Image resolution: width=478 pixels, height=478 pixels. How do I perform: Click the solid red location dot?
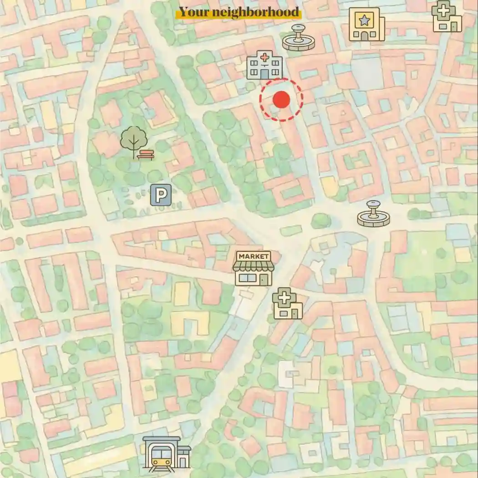point(281,100)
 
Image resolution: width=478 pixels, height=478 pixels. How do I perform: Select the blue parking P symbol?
point(161,195)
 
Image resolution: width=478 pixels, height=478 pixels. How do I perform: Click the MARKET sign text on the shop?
point(254,257)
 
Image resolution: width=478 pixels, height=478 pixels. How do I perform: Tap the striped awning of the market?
point(254,266)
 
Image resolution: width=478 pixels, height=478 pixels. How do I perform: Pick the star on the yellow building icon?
point(364,20)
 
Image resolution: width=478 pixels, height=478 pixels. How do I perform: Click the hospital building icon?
point(264,65)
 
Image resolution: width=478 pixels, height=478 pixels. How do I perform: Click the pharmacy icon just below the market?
point(287,304)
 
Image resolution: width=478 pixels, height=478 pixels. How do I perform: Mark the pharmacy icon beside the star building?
point(447,16)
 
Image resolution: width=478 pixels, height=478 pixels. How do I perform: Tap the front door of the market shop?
point(264,279)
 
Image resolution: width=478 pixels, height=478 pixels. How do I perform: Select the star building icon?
point(366,25)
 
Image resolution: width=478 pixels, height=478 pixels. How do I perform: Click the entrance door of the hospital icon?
point(264,73)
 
